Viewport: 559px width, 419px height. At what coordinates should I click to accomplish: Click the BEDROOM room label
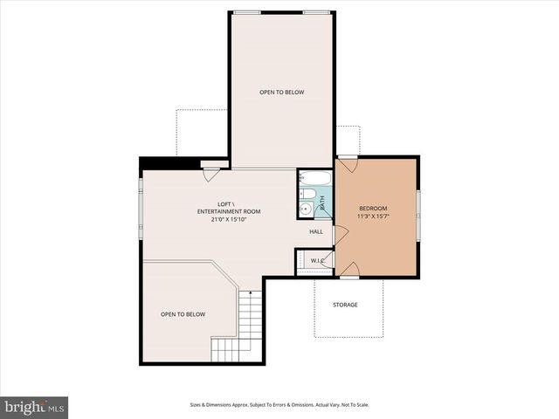376,208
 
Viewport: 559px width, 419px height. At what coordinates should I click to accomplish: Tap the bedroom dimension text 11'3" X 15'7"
376,216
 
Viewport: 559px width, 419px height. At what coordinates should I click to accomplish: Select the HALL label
316,231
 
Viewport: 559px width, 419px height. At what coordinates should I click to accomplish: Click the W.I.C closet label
316,260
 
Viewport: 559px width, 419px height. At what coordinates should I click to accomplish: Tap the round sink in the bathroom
306,209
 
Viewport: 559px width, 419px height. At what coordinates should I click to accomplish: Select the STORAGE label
344,305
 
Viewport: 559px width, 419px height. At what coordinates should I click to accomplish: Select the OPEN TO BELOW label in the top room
281,92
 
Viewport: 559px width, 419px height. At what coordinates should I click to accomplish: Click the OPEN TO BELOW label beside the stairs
183,314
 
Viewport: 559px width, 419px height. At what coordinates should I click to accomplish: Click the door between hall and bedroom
340,234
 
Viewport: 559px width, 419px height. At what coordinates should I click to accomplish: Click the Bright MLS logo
35,407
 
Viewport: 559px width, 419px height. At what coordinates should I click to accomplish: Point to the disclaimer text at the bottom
279,405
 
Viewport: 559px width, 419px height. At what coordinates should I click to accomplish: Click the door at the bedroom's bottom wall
349,276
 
